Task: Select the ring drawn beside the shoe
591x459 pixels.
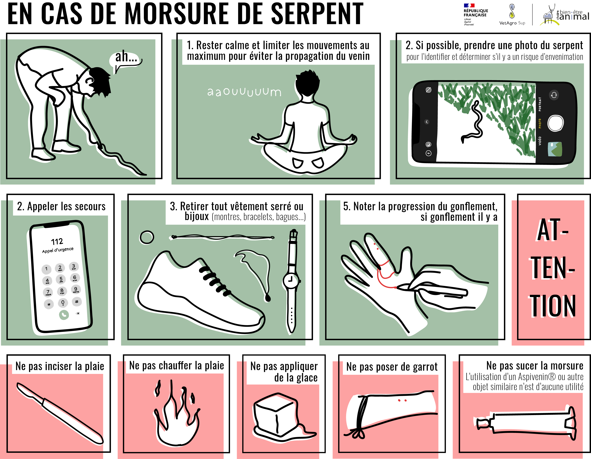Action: (x=147, y=237)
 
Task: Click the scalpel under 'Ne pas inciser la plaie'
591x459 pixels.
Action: (x=60, y=413)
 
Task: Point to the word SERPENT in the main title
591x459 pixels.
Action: (x=317, y=14)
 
